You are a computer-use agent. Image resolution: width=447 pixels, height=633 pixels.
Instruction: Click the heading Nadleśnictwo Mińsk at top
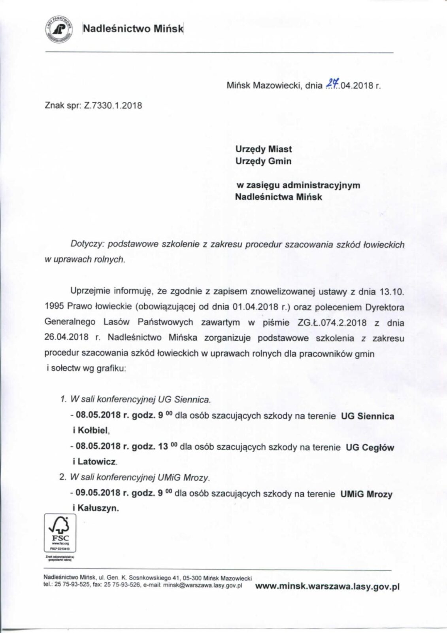click(x=133, y=28)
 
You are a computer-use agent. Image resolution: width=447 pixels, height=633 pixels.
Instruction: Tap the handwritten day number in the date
click(x=330, y=84)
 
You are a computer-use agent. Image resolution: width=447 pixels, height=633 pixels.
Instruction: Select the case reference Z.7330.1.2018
click(x=113, y=106)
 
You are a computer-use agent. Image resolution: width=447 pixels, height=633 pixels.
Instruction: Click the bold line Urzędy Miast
click(x=264, y=149)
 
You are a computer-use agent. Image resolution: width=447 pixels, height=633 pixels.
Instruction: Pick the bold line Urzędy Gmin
click(x=263, y=161)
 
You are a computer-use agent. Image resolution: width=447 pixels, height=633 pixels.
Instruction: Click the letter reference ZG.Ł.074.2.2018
click(x=331, y=322)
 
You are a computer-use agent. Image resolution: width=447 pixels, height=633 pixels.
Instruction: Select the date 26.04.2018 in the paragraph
click(x=69, y=338)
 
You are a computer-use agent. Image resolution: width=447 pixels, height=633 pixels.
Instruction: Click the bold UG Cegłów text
click(x=370, y=447)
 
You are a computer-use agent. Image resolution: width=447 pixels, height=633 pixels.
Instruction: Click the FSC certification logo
click(x=60, y=533)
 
